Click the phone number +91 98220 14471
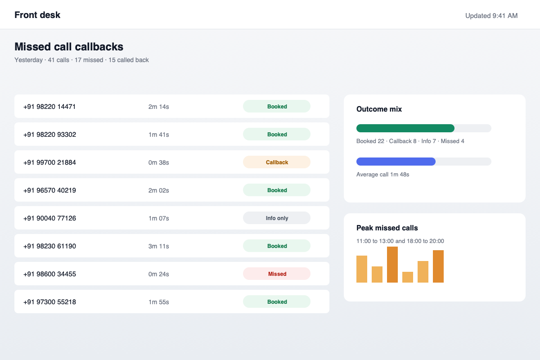pyautogui.click(x=49, y=107)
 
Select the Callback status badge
pyautogui.click(x=276, y=162)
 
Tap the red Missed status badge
pyautogui.click(x=276, y=274)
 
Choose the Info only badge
pyautogui.click(x=276, y=218)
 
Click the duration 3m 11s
pyautogui.click(x=158, y=246)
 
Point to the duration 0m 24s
pyautogui.click(x=158, y=274)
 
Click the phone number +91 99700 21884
pyautogui.click(x=49, y=162)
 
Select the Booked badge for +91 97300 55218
pyautogui.click(x=276, y=301)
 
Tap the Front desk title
pyautogui.click(x=37, y=15)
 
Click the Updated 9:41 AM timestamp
pyautogui.click(x=491, y=16)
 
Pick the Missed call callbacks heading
pyautogui.click(x=69, y=46)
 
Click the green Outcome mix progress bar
pyautogui.click(x=405, y=128)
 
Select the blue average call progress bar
pyautogui.click(x=396, y=162)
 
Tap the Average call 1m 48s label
pyautogui.click(x=382, y=174)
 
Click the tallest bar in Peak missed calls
pyautogui.click(x=392, y=265)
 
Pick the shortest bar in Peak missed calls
pyautogui.click(x=408, y=277)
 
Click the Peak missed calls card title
pyautogui.click(x=387, y=228)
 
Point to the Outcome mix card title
pyautogui.click(x=379, y=109)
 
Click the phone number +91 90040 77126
pyautogui.click(x=49, y=218)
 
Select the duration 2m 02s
pyautogui.click(x=158, y=190)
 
